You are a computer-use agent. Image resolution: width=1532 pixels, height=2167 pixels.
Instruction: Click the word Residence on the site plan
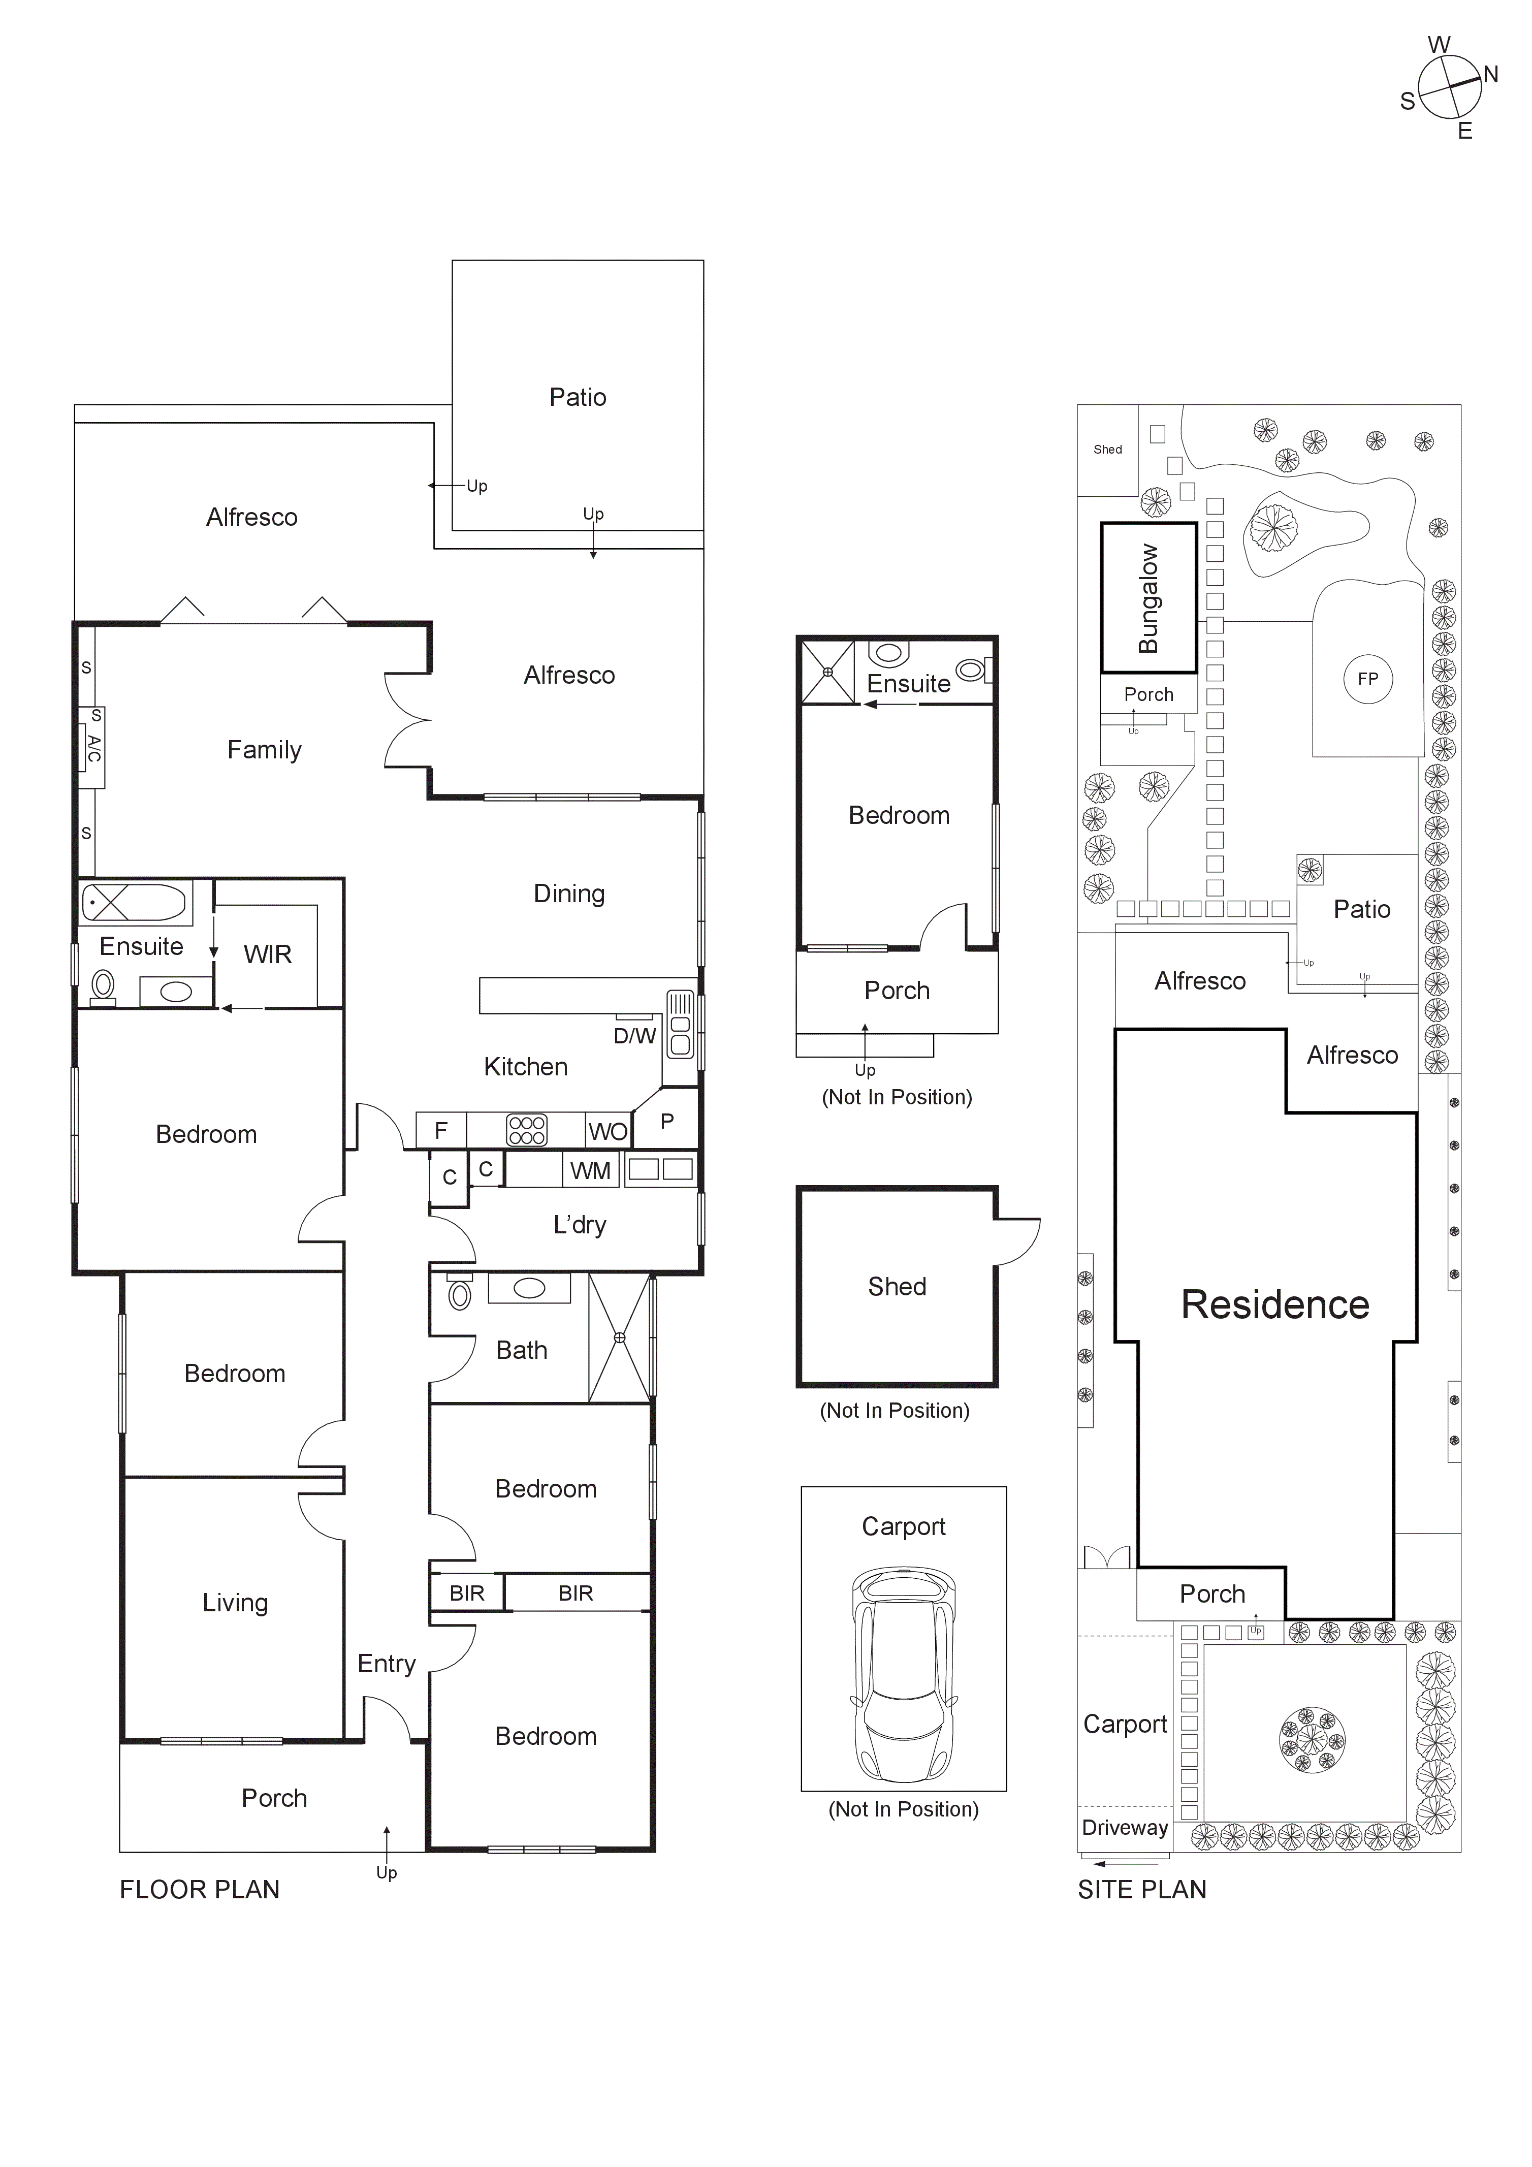pyautogui.click(x=1274, y=1304)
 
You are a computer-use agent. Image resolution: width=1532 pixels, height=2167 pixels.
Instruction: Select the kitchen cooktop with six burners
pyautogui.click(x=527, y=1130)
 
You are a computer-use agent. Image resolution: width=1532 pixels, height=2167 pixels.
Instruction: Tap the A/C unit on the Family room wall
pyautogui.click(x=92, y=748)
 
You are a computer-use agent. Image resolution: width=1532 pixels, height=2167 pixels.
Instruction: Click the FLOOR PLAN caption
pyautogui.click(x=199, y=1890)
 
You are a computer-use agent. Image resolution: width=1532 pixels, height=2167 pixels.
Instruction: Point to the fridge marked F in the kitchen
pyautogui.click(x=441, y=1130)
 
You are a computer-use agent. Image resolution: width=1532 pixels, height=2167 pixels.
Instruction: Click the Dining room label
pyautogui.click(x=569, y=893)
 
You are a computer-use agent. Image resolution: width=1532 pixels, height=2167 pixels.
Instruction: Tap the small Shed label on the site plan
pyautogui.click(x=1107, y=449)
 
